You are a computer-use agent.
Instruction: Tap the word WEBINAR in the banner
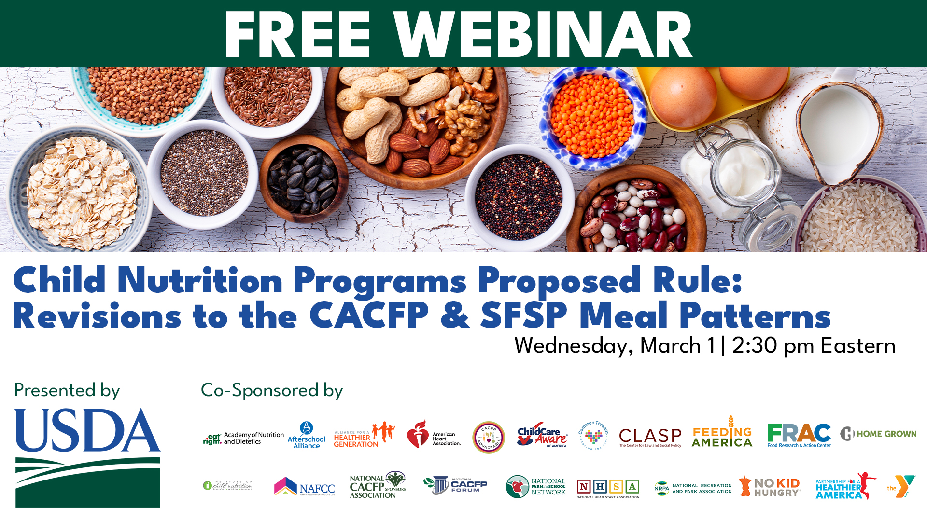(543, 35)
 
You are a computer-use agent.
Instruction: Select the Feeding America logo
(722, 433)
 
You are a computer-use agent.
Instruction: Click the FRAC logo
(799, 434)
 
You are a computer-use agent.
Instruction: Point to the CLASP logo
(650, 437)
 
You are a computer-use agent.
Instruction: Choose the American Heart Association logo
(433, 435)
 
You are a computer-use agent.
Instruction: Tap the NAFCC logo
(305, 487)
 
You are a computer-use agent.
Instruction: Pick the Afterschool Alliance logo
(307, 436)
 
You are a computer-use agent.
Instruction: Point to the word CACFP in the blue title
(369, 316)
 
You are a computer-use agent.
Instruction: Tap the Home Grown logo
(878, 434)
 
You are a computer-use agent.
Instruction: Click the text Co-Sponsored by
(272, 390)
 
